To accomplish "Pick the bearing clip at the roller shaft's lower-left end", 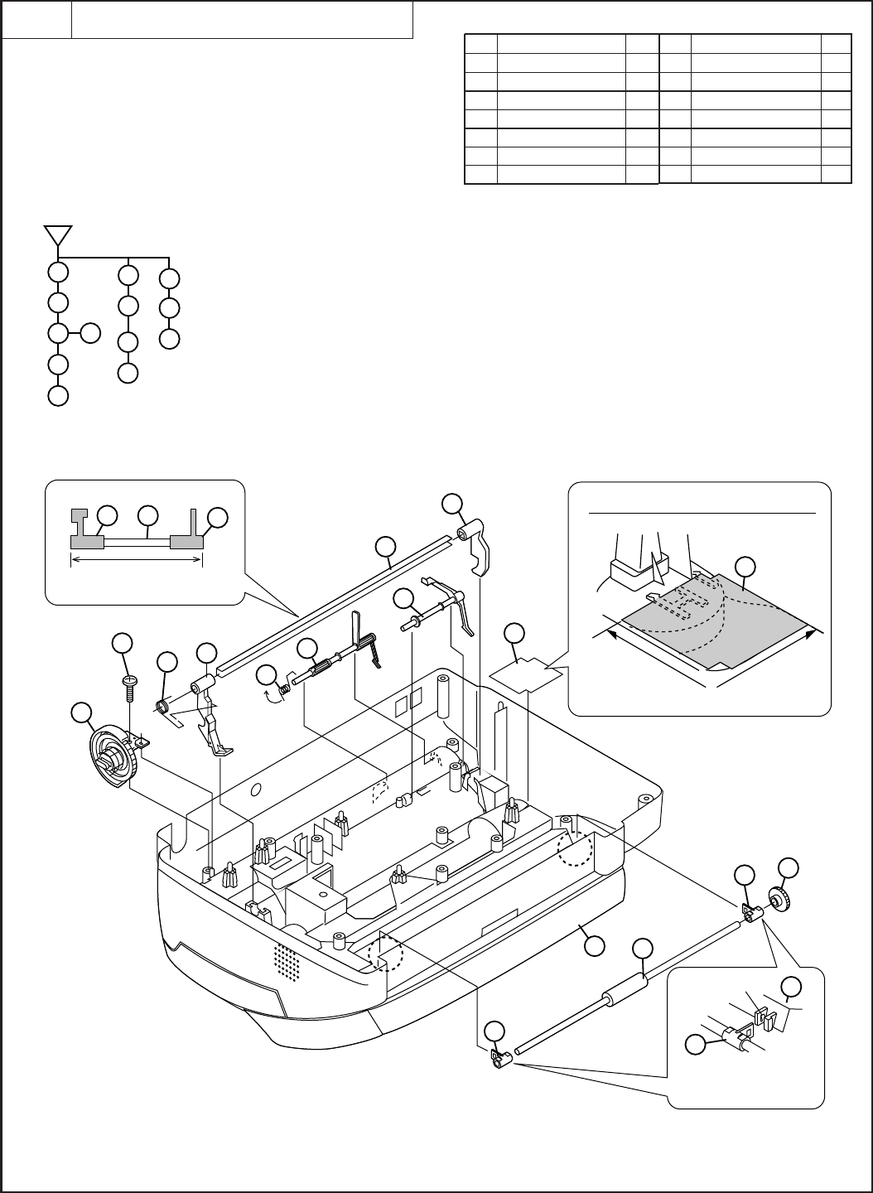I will pos(499,1060).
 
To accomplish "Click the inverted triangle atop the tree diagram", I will pos(57,234).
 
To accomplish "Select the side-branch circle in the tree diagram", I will pos(90,334).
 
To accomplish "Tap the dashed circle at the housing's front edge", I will pos(385,955).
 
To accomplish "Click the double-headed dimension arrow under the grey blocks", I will pos(137,559).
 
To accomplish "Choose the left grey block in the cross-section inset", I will pos(86,540).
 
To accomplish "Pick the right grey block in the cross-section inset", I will pos(186,540).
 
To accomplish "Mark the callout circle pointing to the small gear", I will pos(789,868).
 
